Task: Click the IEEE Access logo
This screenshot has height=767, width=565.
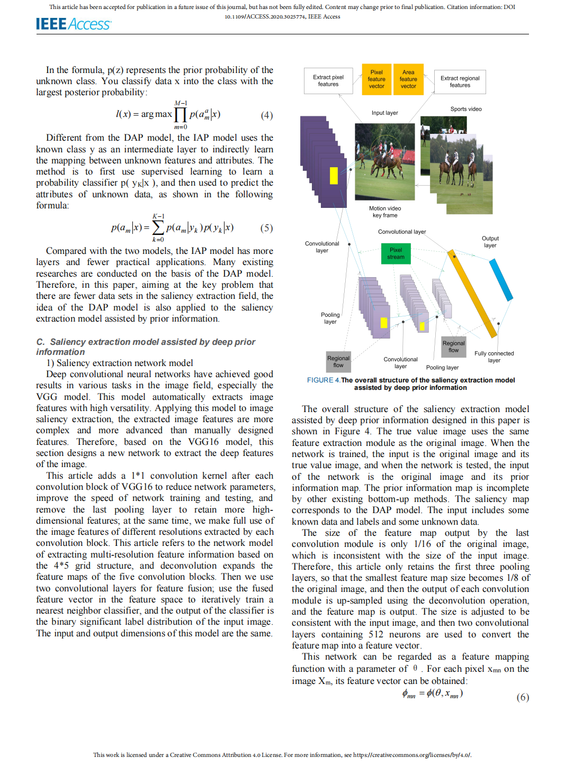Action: click(x=73, y=24)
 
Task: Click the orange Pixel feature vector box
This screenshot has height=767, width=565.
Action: click(x=376, y=79)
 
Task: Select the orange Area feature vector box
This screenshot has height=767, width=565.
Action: click(x=408, y=79)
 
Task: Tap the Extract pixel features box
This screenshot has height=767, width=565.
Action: click(x=328, y=80)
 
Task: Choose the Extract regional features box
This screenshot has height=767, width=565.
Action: click(x=460, y=81)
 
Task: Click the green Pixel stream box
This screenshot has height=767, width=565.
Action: click(x=396, y=253)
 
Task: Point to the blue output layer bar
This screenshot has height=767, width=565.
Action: click(x=501, y=280)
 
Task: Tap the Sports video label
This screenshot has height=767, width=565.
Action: click(x=466, y=109)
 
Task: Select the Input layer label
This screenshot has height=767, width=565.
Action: click(x=384, y=113)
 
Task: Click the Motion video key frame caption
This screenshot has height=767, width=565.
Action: click(x=385, y=212)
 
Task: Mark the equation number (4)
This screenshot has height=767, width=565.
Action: click(x=267, y=115)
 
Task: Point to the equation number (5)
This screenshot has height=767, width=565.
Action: click(x=266, y=228)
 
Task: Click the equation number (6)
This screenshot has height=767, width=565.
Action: click(x=523, y=697)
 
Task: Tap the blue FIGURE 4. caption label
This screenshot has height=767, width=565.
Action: click(x=323, y=380)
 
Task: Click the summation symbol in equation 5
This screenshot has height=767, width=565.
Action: click(x=158, y=228)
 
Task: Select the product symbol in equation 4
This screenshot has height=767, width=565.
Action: click(x=181, y=115)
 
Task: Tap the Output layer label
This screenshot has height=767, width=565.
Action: click(x=490, y=242)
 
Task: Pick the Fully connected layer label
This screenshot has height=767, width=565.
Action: click(x=494, y=357)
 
